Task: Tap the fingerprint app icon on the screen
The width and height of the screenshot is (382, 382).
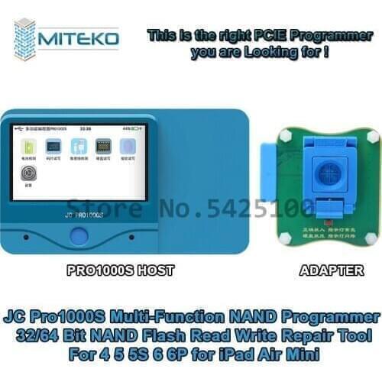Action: [127, 146]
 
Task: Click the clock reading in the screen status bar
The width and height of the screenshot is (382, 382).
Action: [86, 131]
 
